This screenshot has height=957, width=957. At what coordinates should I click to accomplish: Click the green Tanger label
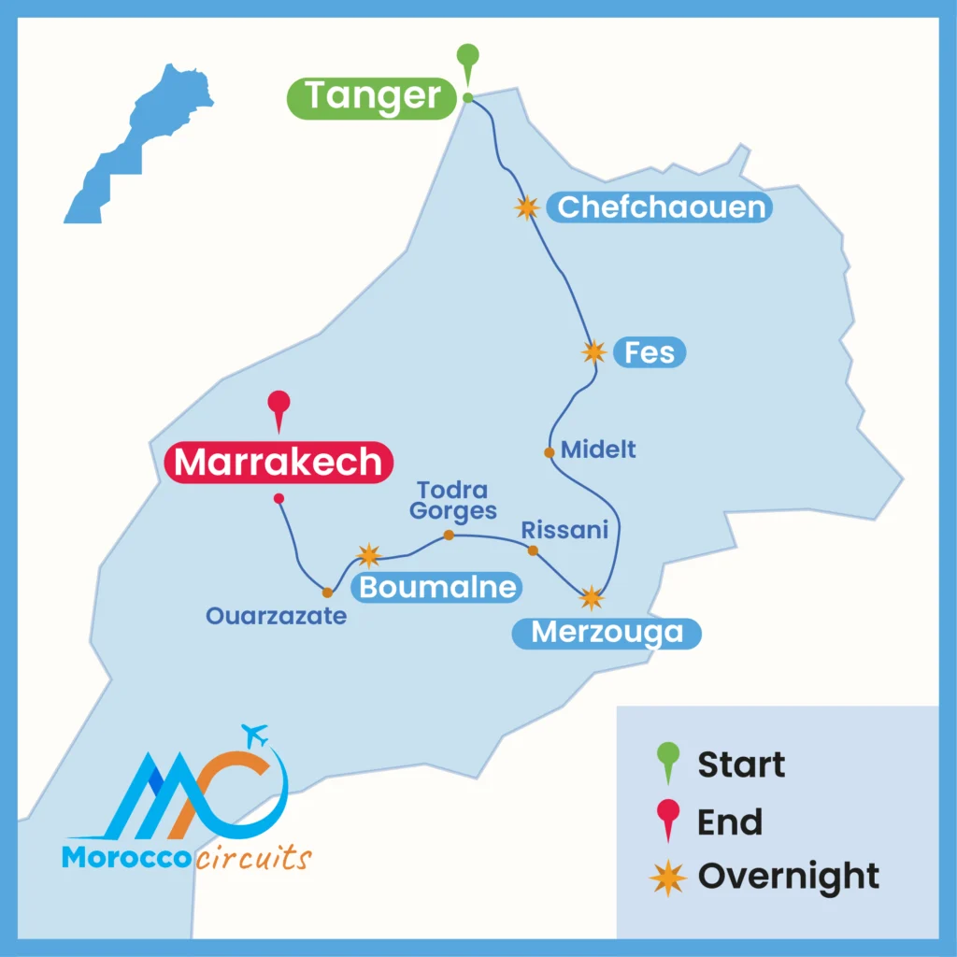click(x=372, y=97)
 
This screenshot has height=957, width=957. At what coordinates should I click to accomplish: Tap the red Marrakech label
click(x=279, y=463)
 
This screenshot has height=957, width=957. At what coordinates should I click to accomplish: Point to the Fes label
click(x=650, y=353)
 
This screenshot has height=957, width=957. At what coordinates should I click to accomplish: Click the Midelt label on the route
click(x=598, y=450)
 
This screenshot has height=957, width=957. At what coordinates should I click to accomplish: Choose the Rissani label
click(x=564, y=530)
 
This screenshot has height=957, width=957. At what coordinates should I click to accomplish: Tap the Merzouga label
click(x=607, y=633)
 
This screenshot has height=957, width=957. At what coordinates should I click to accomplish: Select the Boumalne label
click(x=437, y=587)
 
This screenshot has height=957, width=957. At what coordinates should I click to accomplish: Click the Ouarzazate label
click(x=277, y=616)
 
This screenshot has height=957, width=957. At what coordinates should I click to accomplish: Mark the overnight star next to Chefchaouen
click(x=528, y=207)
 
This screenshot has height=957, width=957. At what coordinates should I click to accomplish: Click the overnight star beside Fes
click(x=593, y=352)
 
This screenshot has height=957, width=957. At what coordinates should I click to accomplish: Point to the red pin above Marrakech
click(x=279, y=406)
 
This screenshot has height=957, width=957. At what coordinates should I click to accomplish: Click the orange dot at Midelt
click(x=550, y=452)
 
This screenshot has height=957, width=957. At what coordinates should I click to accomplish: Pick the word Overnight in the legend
click(x=788, y=877)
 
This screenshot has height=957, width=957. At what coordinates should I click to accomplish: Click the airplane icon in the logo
click(x=253, y=735)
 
